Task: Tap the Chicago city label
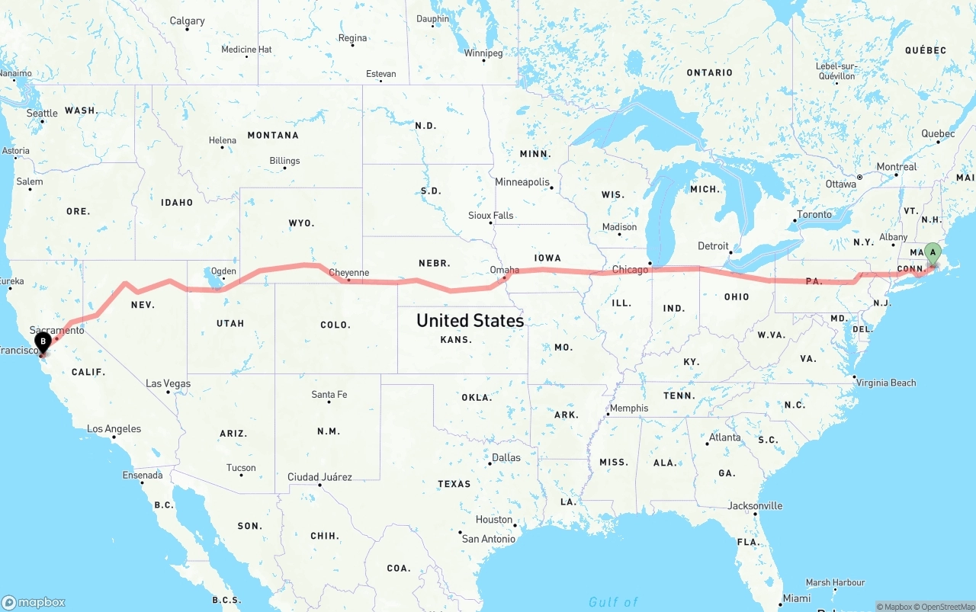tap(630, 269)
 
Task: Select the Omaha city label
tap(505, 270)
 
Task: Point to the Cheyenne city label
tap(348, 272)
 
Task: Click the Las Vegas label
tap(168, 383)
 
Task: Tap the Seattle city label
tap(42, 113)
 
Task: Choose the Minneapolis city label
tap(522, 182)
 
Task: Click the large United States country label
tap(470, 320)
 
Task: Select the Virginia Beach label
tap(886, 383)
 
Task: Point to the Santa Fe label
tap(329, 394)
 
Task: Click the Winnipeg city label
tap(483, 53)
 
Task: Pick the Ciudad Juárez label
tap(319, 477)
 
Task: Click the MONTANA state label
tap(273, 135)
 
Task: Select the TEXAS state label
tap(454, 483)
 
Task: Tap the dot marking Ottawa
tap(859, 177)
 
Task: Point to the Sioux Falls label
tap(490, 216)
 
